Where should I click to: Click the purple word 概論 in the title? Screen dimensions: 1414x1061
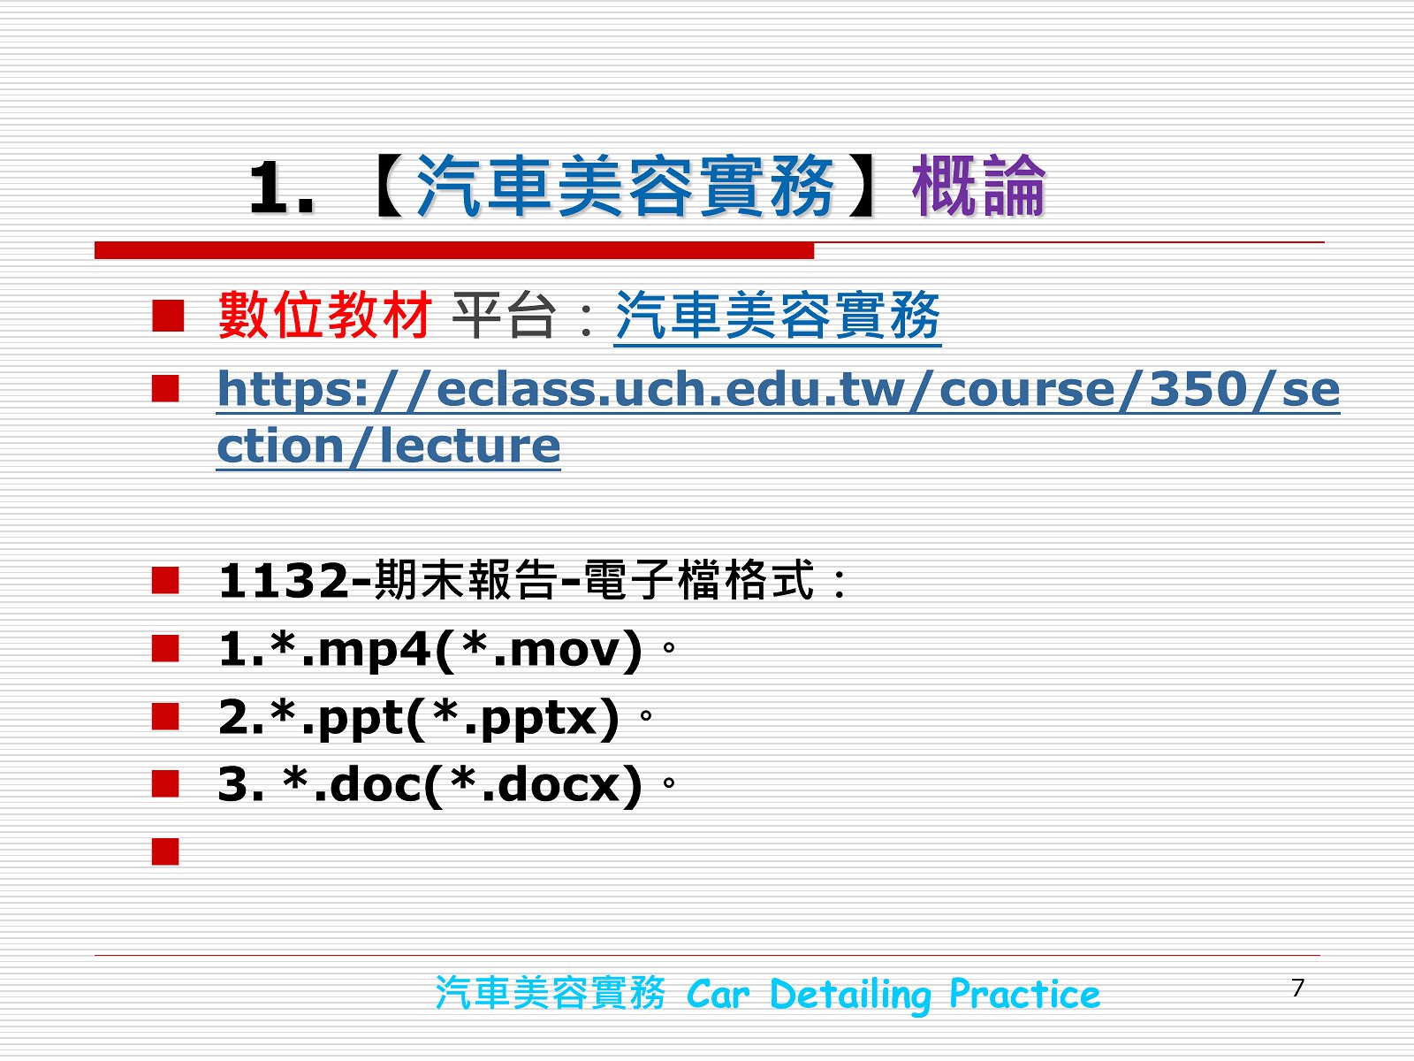click(978, 186)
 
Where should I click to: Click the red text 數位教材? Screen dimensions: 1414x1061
click(324, 315)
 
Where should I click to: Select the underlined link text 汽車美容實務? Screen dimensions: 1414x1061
click(778, 315)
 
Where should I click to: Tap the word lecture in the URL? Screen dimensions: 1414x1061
click(470, 445)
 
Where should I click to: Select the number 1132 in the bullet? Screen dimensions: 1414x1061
click(284, 581)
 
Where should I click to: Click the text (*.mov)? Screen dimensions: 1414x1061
click(538, 650)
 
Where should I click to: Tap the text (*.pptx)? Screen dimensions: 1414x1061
click(513, 718)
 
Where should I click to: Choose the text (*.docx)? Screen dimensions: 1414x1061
click(534, 785)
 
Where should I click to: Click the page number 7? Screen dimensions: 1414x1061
click(1298, 988)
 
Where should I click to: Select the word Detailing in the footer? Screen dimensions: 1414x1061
click(850, 995)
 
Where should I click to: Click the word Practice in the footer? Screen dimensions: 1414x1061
click(1024, 993)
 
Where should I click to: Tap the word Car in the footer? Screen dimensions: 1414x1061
click(718, 995)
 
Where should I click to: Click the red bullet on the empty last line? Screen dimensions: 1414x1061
click(165, 851)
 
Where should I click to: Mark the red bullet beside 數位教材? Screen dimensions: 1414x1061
click(168, 316)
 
